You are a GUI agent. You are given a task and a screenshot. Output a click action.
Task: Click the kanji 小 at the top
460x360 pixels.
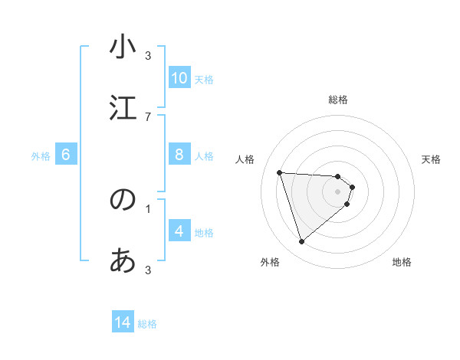point(123,47)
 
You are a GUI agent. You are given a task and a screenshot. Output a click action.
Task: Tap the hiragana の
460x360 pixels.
point(123,200)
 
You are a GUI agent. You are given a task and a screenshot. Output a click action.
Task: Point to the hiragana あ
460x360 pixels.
point(123,261)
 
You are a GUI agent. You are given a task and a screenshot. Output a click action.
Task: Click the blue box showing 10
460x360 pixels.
point(179,78)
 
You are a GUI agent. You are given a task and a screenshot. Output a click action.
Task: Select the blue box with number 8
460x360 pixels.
point(179,155)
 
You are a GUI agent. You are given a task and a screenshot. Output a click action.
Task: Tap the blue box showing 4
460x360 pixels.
point(179,231)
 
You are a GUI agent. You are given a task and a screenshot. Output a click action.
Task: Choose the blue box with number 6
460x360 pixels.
point(66,155)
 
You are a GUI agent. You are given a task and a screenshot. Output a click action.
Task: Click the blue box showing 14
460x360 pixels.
point(123,323)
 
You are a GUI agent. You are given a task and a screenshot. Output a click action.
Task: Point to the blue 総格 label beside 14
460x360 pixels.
point(147,324)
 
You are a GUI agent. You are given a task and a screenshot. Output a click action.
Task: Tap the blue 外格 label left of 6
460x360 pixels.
point(41,156)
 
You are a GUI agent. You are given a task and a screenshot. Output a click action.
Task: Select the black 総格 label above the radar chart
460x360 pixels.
point(338,100)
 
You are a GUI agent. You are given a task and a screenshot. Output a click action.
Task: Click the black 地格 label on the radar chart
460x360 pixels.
point(402,262)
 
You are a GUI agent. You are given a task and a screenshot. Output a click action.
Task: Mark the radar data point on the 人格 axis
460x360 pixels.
point(280,172)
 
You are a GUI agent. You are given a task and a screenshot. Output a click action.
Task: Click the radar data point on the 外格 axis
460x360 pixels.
point(301,242)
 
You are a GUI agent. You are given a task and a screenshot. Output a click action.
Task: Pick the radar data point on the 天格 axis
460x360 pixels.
point(352,187)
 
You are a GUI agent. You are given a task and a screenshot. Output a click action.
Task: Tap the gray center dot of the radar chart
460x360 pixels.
point(338,201)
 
